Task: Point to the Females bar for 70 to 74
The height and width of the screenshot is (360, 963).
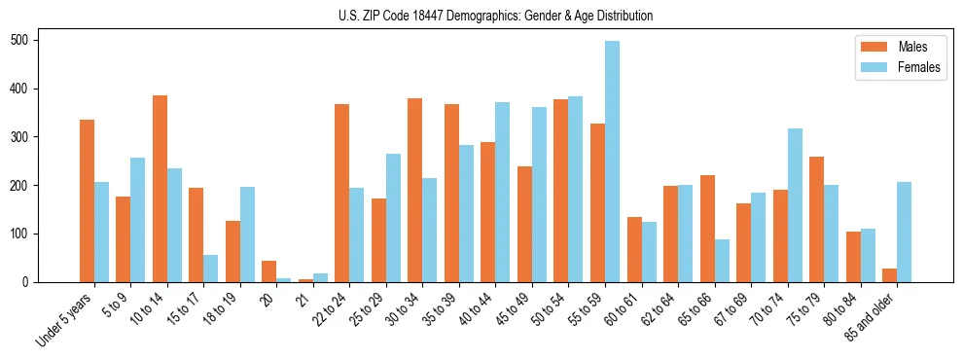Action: pyautogui.click(x=795, y=205)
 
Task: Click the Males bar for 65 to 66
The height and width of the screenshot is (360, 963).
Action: pyautogui.click(x=707, y=229)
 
